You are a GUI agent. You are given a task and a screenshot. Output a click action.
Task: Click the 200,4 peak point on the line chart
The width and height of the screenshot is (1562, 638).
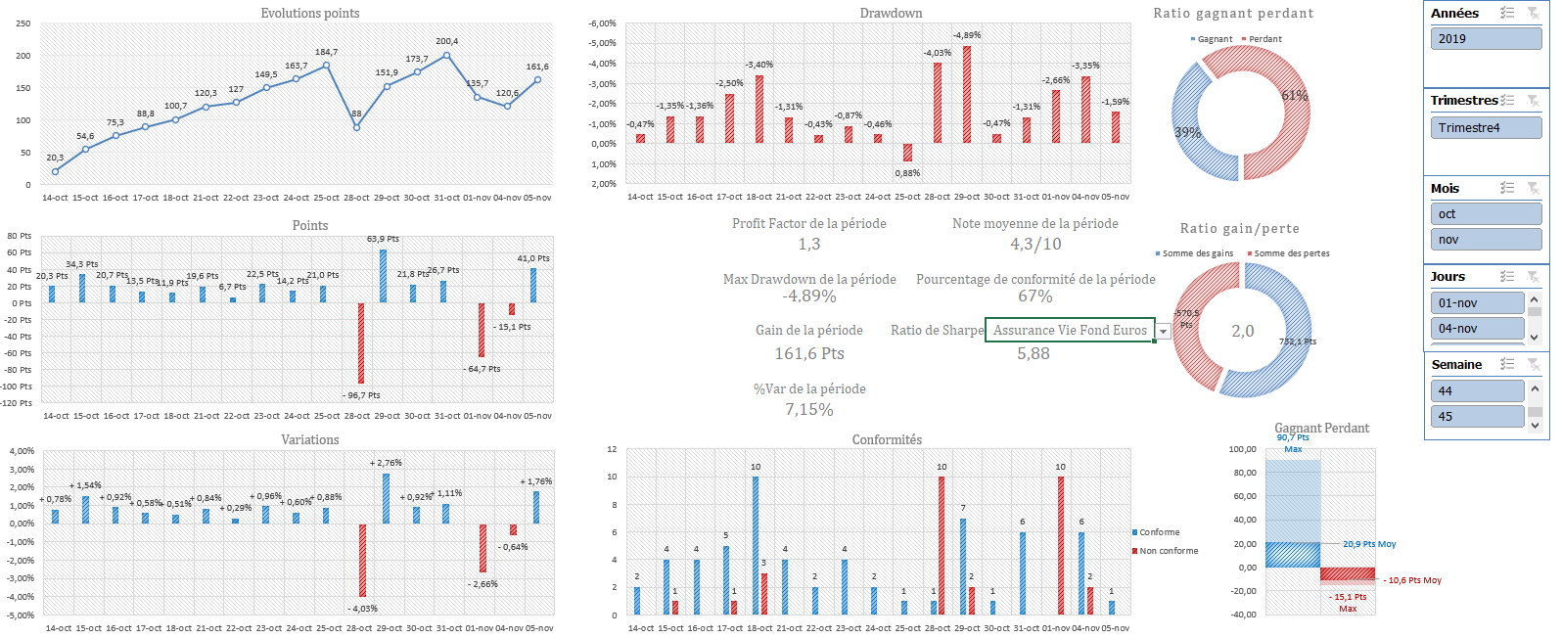point(447,55)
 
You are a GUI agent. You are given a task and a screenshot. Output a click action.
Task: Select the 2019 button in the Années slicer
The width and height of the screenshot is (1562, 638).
point(1485,39)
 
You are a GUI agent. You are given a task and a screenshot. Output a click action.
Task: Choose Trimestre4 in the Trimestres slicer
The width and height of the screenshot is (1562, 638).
point(1485,128)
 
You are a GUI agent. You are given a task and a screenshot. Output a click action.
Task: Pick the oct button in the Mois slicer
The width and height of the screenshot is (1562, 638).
point(1485,214)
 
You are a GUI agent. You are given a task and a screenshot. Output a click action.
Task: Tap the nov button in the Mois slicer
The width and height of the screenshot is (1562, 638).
point(1485,240)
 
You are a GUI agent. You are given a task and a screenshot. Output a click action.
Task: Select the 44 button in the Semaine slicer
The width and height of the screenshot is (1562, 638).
point(1476,391)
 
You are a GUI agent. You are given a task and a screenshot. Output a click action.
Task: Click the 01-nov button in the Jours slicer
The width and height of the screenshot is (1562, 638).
point(1476,303)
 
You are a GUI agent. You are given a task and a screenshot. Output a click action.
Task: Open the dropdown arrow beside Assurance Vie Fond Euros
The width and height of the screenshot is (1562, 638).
point(1163,332)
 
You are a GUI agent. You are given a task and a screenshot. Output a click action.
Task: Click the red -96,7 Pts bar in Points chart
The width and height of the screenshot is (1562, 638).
point(361,342)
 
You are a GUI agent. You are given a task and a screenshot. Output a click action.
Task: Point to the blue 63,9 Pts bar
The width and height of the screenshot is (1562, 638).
point(383,276)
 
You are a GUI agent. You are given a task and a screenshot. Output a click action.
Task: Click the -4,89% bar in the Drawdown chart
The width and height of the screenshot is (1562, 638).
point(967,94)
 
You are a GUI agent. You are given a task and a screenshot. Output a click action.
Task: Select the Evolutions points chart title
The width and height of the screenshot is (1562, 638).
point(310,13)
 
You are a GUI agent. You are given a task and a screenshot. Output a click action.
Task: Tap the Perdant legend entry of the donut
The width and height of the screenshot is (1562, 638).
point(1264,39)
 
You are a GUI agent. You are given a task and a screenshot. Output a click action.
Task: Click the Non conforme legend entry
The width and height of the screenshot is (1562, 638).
point(1169,551)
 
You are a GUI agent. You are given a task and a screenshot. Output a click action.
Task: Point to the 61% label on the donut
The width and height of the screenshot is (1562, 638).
point(1294,96)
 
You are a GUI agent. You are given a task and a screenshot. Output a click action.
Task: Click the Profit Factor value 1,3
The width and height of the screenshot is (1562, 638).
point(809,244)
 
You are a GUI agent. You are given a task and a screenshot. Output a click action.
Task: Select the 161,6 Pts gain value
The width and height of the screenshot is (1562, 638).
point(809,353)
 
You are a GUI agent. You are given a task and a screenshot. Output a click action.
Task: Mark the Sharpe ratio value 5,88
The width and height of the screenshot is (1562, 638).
point(1034,353)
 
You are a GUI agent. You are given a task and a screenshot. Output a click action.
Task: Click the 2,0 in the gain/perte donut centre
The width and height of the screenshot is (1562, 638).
point(1242,331)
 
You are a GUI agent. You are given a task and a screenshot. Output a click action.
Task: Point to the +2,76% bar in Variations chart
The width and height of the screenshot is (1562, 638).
point(387,498)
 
